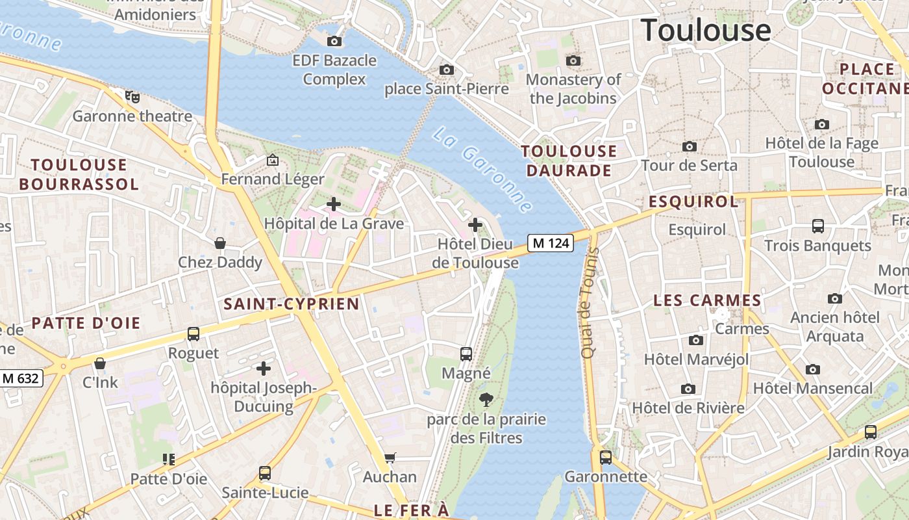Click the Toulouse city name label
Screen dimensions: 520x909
point(706,31)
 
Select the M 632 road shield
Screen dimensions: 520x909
point(21,378)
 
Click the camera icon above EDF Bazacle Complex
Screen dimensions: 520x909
point(334,41)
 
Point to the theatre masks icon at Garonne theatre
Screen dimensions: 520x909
point(133,97)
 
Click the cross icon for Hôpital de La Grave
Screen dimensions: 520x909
point(334,204)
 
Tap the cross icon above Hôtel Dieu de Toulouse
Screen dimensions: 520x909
point(475,225)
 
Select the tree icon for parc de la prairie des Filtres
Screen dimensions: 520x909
point(486,400)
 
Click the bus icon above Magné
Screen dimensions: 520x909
point(466,354)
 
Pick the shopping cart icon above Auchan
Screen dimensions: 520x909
point(390,458)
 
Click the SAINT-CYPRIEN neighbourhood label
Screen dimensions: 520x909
point(292,304)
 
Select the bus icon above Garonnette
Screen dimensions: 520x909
point(606,457)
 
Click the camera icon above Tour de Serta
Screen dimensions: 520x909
point(690,146)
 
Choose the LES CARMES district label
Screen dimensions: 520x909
point(707,300)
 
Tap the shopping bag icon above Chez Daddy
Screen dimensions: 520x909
point(220,243)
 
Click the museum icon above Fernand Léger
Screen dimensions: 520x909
point(273,159)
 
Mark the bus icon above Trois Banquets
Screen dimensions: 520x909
point(818,226)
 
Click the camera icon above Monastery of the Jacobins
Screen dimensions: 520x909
point(573,60)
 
